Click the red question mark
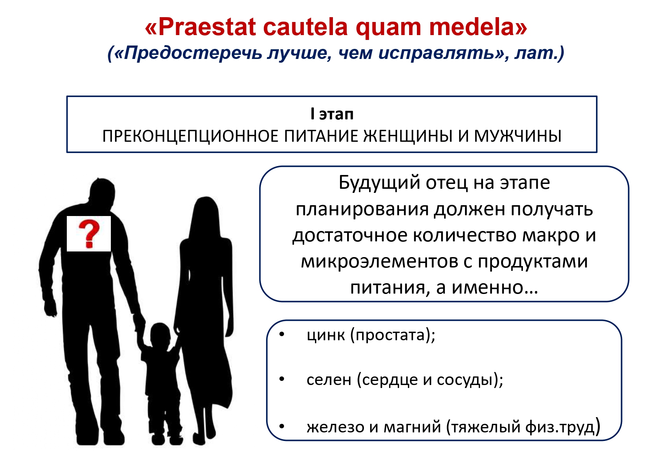point(89,234)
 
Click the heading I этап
point(332,114)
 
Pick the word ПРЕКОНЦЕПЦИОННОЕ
point(190,136)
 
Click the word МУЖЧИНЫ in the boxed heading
point(518,136)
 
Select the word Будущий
point(379,183)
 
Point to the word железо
point(336,426)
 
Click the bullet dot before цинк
point(282,334)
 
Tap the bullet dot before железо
point(282,425)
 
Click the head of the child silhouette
point(160,334)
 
